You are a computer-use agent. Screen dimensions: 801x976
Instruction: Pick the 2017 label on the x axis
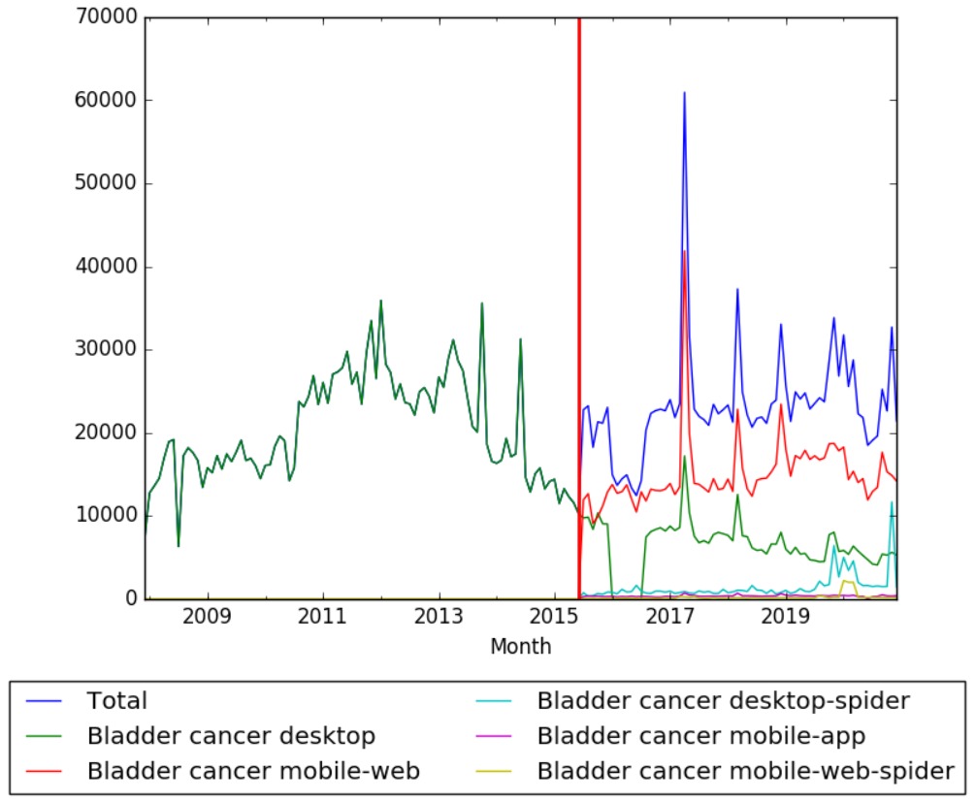click(670, 618)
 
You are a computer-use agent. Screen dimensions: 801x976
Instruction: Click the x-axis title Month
click(520, 646)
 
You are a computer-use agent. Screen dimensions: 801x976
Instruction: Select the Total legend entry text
click(116, 700)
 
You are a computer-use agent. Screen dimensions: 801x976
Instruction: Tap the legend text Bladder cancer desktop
click(231, 735)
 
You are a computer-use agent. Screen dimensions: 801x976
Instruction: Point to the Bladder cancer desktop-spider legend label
click(723, 700)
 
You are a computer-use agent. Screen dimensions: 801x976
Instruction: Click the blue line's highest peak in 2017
click(684, 93)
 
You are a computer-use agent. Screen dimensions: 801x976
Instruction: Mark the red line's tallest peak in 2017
click(684, 251)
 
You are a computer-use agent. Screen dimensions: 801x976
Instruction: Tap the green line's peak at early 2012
click(380, 301)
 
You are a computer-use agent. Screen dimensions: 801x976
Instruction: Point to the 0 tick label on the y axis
click(132, 599)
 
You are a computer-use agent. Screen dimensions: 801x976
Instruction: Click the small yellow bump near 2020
click(847, 581)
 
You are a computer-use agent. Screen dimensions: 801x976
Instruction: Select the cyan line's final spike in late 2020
click(892, 502)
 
